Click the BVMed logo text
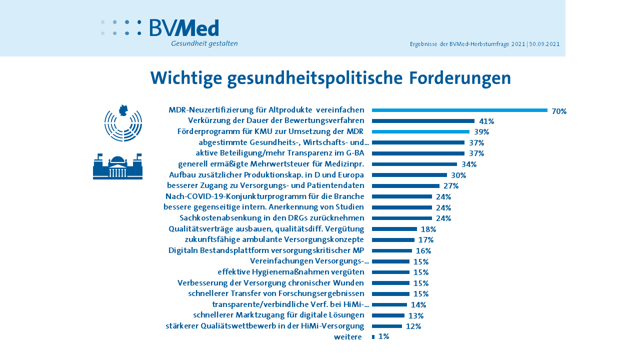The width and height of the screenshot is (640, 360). pyautogui.click(x=184, y=28)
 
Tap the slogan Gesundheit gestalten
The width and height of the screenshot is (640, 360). pyautogui.click(x=204, y=43)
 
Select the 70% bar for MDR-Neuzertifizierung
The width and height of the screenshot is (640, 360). pyautogui.click(x=459, y=110)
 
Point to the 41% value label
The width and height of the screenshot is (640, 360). pyautogui.click(x=486, y=121)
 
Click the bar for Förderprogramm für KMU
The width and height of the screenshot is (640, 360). pyautogui.click(x=420, y=132)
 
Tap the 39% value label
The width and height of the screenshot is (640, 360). pyautogui.click(x=481, y=132)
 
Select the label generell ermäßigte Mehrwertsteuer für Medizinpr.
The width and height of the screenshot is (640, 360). pyautogui.click(x=270, y=164)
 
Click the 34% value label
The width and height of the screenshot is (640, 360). pyautogui.click(x=468, y=164)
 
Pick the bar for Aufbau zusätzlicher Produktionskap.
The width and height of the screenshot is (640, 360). pyautogui.click(x=409, y=175)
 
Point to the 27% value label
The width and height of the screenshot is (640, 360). pyautogui.click(x=451, y=186)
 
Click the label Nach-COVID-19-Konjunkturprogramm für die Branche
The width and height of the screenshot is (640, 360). pyautogui.click(x=264, y=196)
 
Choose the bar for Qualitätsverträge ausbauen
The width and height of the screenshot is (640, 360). pyautogui.click(x=394, y=229)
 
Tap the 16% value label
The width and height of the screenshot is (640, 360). pyautogui.click(x=423, y=251)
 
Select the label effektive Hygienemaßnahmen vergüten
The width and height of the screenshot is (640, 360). pyautogui.click(x=290, y=272)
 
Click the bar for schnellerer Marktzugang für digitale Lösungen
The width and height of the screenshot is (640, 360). pyautogui.click(x=388, y=315)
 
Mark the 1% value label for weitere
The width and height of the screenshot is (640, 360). pyautogui.click(x=383, y=337)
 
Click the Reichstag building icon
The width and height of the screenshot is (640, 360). pyautogui.click(x=117, y=166)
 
